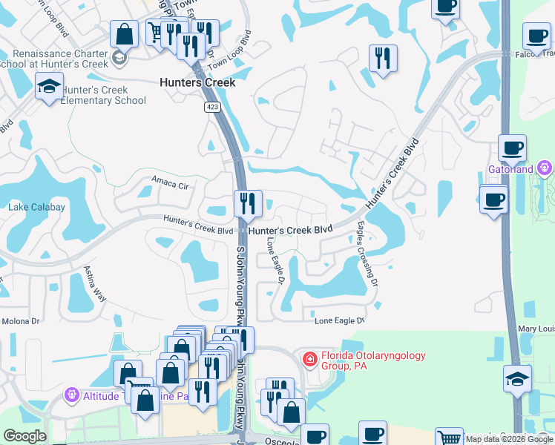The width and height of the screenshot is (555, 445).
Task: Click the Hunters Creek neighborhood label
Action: coord(197,82)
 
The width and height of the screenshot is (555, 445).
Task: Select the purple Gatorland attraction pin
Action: coord(546,168)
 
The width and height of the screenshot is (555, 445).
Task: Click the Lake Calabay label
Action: coord(37,207)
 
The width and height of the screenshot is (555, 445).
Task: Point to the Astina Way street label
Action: coord(95,283)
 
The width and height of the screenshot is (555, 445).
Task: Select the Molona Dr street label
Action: coord(20,321)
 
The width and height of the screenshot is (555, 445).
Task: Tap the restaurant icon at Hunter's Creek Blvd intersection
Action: coord(247,203)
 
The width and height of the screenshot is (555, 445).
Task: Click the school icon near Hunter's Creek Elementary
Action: coord(50,87)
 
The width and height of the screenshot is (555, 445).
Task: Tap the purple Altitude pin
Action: coord(72,395)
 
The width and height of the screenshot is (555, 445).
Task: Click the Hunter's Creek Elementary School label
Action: coord(103,96)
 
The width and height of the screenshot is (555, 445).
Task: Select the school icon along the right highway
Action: coord(517,379)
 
